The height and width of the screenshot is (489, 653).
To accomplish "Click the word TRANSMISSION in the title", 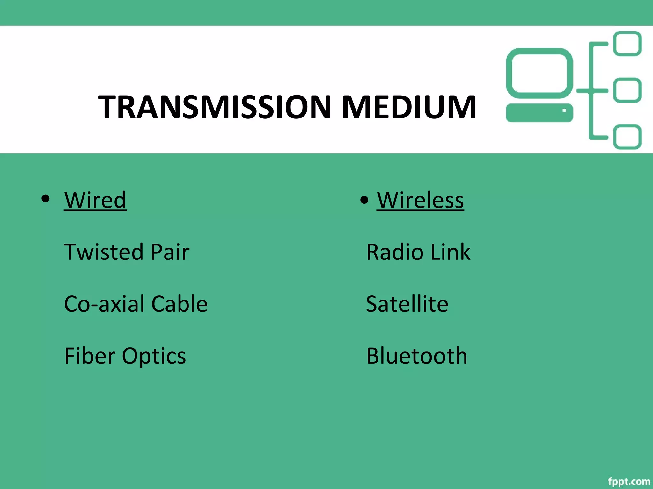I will (x=215, y=107).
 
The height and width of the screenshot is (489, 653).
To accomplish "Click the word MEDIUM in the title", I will (x=409, y=107).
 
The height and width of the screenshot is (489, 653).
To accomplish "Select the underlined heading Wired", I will (x=95, y=200).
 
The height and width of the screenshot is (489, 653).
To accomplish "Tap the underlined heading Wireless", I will (x=420, y=200).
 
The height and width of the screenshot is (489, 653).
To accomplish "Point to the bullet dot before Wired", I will (x=46, y=199).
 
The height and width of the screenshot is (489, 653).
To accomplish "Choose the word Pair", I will (x=170, y=252).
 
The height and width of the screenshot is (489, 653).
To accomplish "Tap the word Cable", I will (x=179, y=304).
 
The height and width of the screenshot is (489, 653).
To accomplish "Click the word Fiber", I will (x=90, y=356).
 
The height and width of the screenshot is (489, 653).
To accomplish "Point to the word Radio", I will (x=395, y=252).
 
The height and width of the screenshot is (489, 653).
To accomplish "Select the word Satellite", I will (x=407, y=304).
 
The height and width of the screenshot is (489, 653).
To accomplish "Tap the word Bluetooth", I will (x=417, y=356).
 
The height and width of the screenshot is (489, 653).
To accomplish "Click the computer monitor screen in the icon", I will (x=539, y=73).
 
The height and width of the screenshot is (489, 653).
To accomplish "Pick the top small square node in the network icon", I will (x=627, y=44).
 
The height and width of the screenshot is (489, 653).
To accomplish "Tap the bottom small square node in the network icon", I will (x=627, y=137).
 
